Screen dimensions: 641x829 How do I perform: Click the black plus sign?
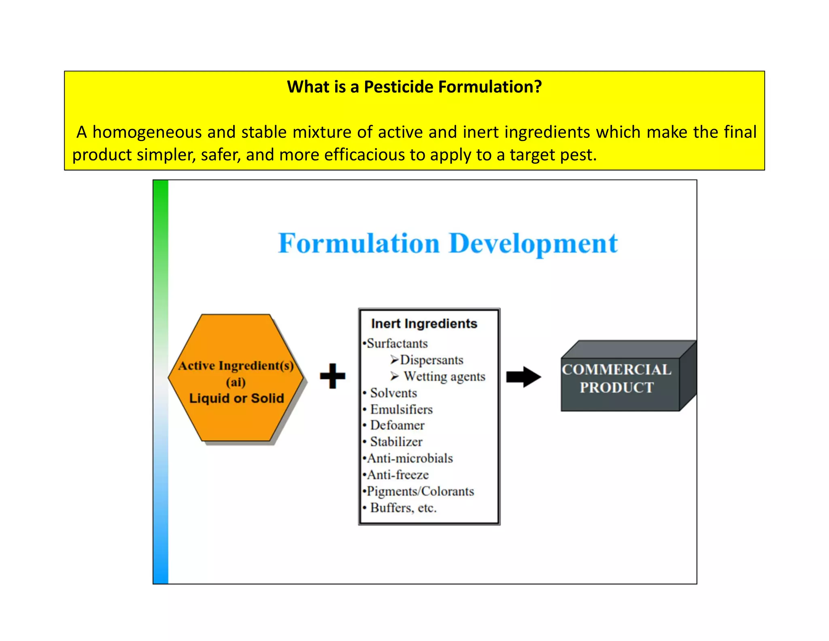332,376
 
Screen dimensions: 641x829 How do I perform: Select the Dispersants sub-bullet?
431,360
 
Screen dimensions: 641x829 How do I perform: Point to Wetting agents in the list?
444,376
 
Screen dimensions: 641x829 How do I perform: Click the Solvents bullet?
393,393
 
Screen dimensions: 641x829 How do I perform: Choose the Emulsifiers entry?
401,409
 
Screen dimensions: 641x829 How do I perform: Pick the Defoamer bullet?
397,425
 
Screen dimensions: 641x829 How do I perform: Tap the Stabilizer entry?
396,442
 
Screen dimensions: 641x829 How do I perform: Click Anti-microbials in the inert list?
410,458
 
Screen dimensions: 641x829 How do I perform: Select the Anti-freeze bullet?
397,475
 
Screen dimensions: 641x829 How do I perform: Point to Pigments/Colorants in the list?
420,491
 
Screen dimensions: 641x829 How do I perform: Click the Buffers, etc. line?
403,508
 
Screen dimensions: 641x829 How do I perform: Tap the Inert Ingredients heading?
424,323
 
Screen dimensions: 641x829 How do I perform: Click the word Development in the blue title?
533,244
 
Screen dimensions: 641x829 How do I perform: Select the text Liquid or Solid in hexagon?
236,398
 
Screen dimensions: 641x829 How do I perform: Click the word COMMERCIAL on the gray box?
616,370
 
